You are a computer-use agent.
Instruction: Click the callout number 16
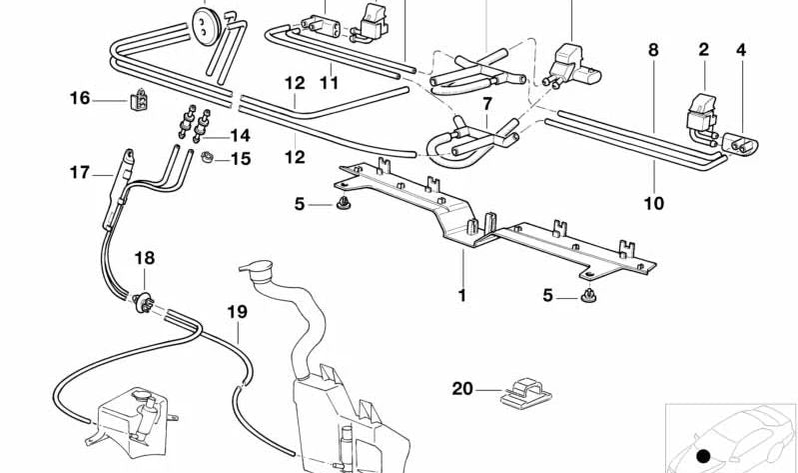[80, 98]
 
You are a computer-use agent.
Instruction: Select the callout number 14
[240, 135]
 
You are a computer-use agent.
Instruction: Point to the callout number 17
[80, 172]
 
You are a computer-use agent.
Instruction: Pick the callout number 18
[145, 258]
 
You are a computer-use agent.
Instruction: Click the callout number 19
[236, 312]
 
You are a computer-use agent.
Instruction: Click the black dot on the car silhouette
[703, 456]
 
